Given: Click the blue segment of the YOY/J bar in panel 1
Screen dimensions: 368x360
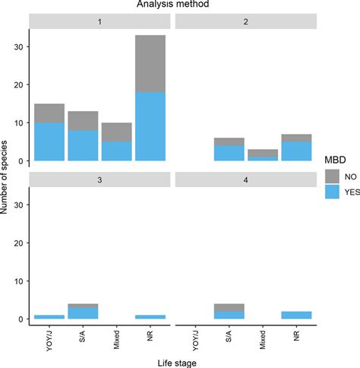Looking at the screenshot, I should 49,142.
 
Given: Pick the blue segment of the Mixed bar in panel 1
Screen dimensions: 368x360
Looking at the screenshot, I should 117,151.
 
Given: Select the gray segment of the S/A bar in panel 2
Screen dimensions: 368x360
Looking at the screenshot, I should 229,141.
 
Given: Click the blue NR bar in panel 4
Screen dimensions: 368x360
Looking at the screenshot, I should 297,315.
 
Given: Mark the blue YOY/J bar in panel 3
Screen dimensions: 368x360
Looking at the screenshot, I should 49,316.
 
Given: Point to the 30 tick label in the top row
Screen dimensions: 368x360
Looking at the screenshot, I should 19,46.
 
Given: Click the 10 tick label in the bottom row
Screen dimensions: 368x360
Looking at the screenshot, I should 19,281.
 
